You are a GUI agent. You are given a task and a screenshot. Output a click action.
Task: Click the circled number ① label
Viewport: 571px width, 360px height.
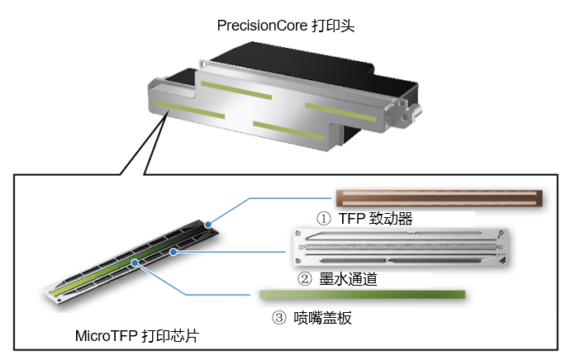point(325,219)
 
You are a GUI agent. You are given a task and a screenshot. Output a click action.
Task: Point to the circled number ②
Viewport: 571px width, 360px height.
point(304,279)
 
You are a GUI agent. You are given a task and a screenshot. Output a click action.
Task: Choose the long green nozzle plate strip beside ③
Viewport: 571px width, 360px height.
point(362,294)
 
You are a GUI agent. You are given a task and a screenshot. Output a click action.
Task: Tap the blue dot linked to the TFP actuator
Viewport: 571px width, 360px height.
point(209,224)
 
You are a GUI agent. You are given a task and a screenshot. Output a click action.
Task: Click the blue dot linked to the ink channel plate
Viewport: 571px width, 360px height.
point(173,250)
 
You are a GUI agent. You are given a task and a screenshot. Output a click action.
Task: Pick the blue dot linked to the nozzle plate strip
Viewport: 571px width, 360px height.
point(137,263)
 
